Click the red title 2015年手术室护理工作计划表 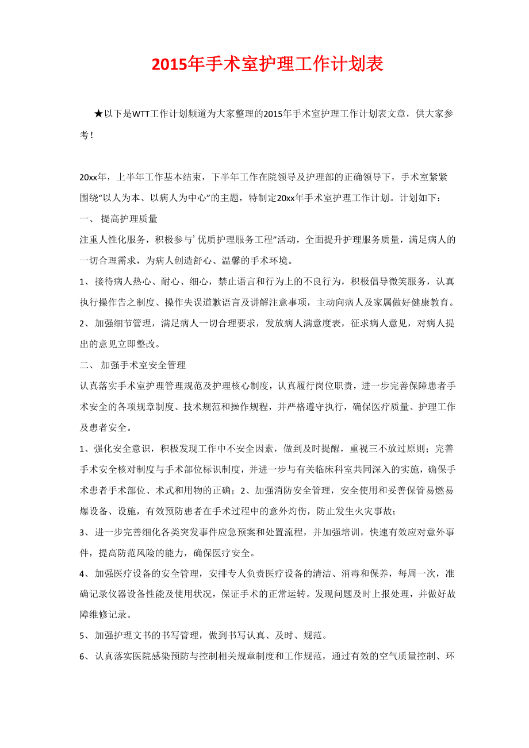click(x=267, y=64)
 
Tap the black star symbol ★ click(x=98, y=114)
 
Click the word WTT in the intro click(x=141, y=114)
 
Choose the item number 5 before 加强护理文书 click(x=82, y=637)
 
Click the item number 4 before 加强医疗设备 click(x=82, y=574)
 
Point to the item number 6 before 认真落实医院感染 click(x=82, y=657)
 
